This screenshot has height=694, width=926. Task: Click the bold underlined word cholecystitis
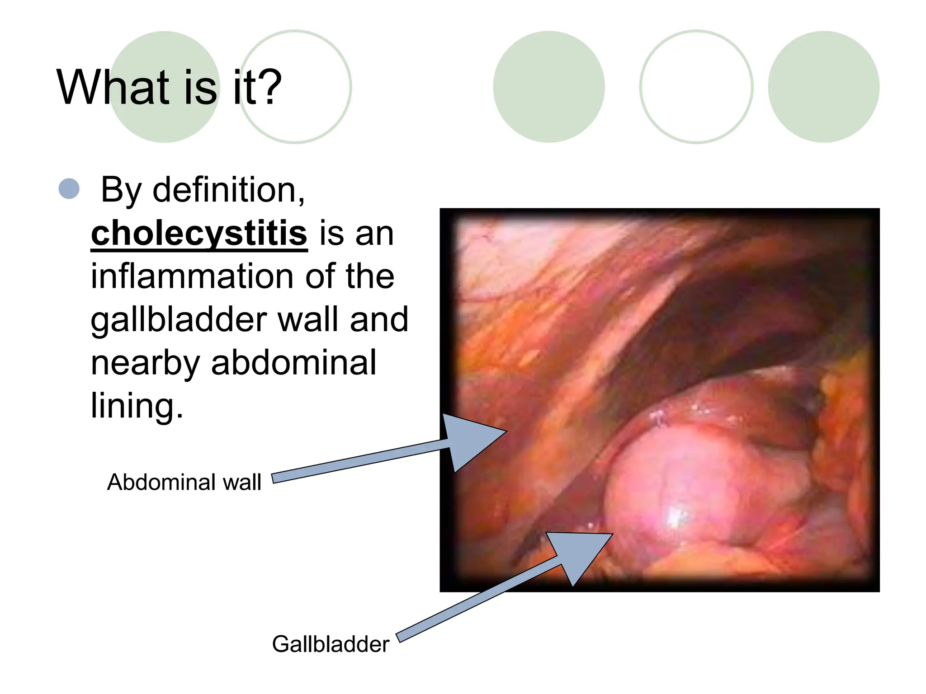pyautogui.click(x=199, y=234)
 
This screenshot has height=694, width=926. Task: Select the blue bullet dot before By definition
pyautogui.click(x=69, y=189)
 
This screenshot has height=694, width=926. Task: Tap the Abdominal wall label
pyautogui.click(x=184, y=482)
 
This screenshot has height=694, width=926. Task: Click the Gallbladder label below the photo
pyautogui.click(x=330, y=644)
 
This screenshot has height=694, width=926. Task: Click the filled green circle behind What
pyautogui.click(x=165, y=122)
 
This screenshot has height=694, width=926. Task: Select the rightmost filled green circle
pyautogui.click(x=823, y=87)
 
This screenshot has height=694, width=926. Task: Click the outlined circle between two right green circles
pyautogui.click(x=696, y=87)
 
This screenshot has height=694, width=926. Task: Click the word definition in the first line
pyautogui.click(x=229, y=190)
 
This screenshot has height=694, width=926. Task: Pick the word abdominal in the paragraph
pyautogui.click(x=293, y=363)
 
